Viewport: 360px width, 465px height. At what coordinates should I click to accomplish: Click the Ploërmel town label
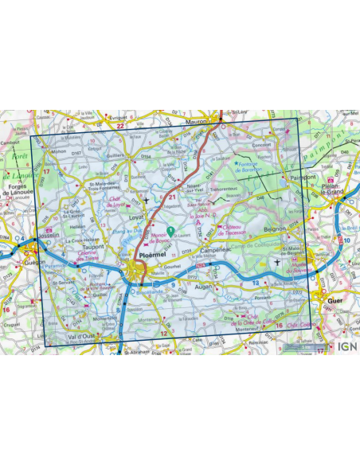pos(152,256)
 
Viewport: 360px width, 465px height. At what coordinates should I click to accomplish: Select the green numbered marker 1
pos(170,230)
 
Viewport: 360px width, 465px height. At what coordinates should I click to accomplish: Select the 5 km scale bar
pos(303,348)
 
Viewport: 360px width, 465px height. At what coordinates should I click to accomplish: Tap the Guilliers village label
pos(116,157)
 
